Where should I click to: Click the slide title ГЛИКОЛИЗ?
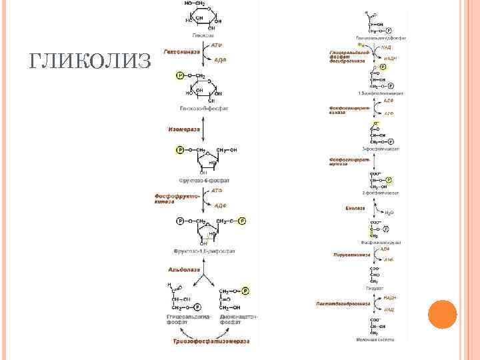pos(91,61)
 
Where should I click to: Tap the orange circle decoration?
pos(441,314)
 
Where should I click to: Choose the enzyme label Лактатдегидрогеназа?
pos(347,303)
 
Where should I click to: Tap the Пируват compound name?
pos(374,289)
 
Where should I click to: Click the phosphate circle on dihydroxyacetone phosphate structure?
pos(245,291)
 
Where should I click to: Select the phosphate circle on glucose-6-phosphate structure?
pos(180,75)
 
